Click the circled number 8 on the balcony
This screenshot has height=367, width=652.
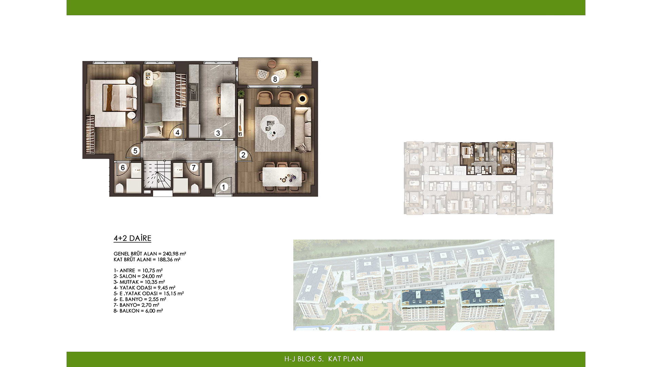pos(275,79)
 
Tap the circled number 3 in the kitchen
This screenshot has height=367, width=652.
pos(218,133)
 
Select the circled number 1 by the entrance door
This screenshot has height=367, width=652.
pos(223,187)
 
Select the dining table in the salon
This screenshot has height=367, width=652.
pos(282,177)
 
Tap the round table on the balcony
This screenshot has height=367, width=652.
pos(272,64)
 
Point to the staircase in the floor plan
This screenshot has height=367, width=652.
pos(157,175)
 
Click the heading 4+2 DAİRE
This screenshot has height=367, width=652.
pos(132,238)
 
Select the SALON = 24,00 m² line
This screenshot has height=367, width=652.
pos(138,276)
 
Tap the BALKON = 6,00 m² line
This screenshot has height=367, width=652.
pos(138,311)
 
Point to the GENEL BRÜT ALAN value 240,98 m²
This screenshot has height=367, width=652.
pos(174,254)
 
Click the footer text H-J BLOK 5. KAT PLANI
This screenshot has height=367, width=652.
pos(324,359)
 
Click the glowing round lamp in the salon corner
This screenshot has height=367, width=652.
pos(302,99)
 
